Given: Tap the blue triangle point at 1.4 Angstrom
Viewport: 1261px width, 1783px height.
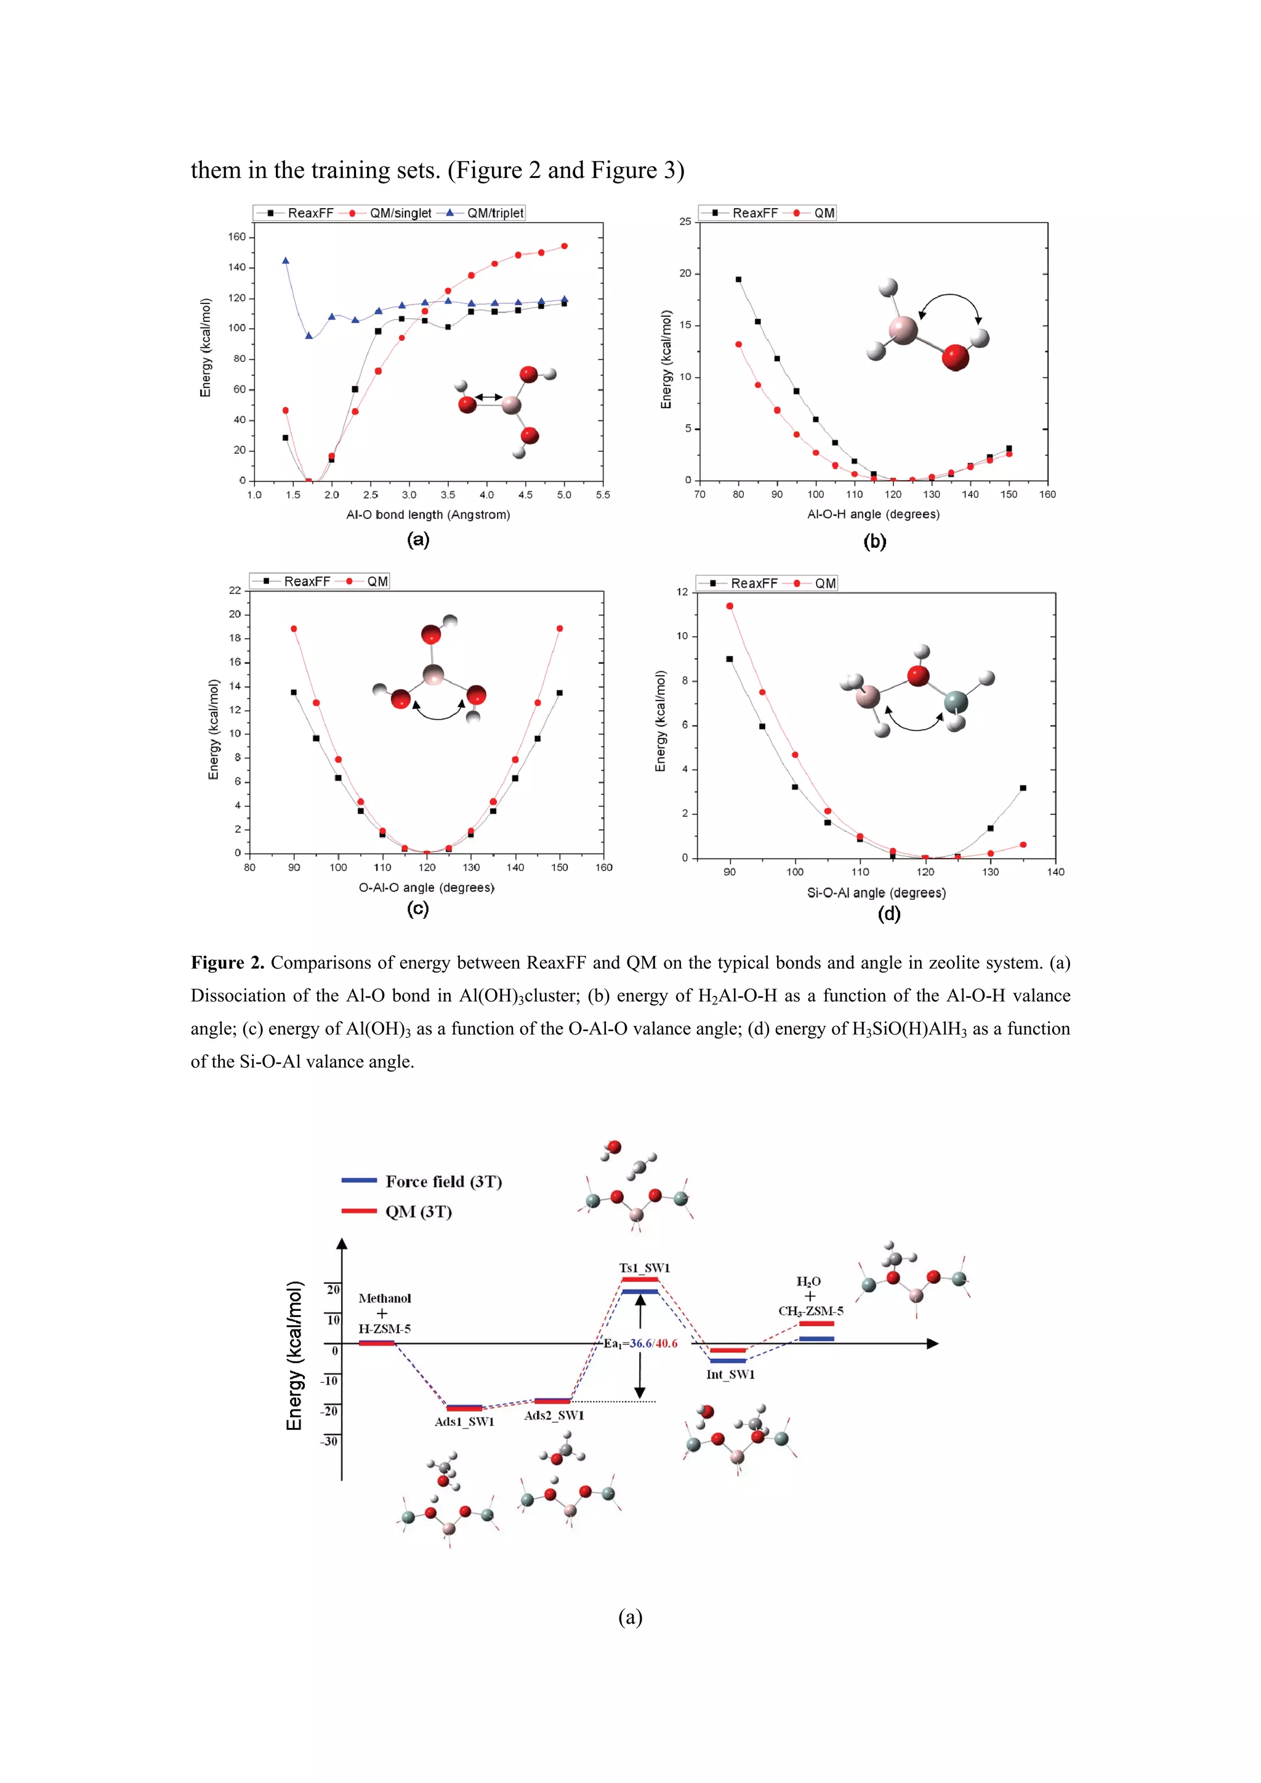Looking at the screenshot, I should pos(286,261).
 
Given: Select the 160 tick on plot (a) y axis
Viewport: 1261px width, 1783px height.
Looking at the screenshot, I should pos(237,237).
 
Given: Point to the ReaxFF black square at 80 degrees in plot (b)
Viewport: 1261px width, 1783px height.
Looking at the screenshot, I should pos(738,279).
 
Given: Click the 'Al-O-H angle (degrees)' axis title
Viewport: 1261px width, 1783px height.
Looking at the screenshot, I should pos(873,514).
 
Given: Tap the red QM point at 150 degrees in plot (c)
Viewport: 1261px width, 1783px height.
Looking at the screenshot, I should pos(560,628).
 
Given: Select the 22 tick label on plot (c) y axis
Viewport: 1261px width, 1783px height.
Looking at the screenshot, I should pos(235,590).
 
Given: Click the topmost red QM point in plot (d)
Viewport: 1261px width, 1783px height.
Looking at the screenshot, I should pos(730,606).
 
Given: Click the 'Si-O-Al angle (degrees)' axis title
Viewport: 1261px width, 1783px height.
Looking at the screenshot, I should pos(876,893).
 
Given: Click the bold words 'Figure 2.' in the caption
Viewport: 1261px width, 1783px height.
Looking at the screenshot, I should pos(227,963).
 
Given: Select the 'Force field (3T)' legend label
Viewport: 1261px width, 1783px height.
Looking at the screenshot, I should pos(444,1181).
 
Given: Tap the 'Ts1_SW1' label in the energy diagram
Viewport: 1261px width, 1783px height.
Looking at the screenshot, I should pos(644,1267).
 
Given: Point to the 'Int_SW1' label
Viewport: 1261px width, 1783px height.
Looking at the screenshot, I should pos(730,1374).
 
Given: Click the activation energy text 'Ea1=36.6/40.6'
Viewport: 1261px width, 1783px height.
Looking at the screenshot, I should pos(640,1343).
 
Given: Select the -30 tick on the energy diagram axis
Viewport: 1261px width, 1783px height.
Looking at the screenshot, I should pos(329,1441).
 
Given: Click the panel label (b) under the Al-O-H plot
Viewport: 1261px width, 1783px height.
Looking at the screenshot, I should pos(874,541).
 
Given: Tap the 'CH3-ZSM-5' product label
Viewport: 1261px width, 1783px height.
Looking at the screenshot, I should pos(810,1311).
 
